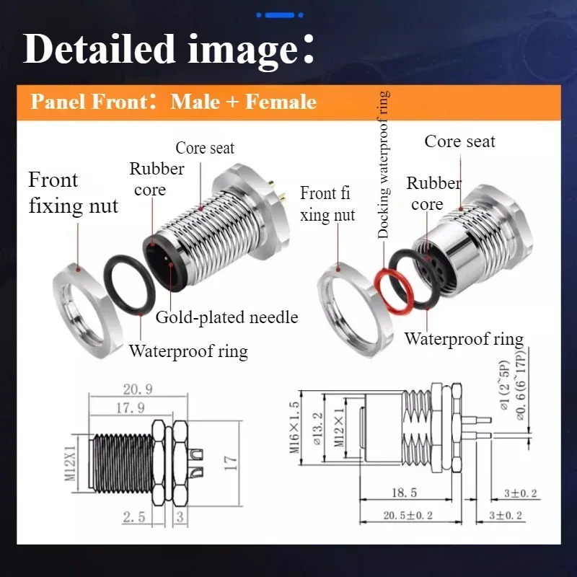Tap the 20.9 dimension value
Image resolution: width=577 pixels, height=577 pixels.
point(137,389)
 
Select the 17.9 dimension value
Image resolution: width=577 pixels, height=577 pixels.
point(130,408)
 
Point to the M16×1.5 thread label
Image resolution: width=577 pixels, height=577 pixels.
point(295,427)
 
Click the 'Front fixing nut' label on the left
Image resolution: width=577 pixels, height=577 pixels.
point(72,193)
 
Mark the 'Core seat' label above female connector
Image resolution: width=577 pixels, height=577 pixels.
point(459,141)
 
